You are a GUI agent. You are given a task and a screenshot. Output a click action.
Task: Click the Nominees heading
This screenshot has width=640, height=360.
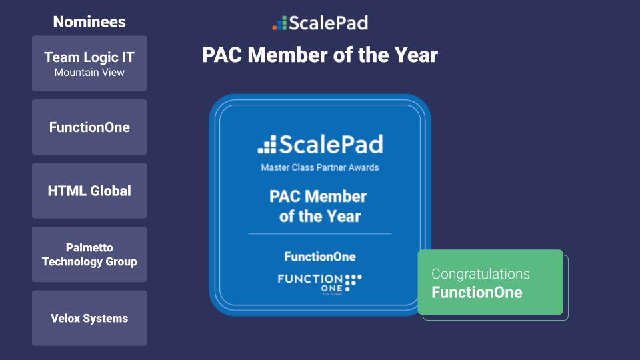click(x=89, y=22)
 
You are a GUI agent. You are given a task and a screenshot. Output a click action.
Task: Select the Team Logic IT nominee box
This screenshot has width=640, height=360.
click(x=89, y=63)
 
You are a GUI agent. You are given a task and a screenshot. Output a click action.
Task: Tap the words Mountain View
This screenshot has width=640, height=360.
click(x=89, y=72)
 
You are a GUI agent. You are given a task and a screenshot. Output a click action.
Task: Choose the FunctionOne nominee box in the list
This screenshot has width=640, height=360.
click(x=89, y=127)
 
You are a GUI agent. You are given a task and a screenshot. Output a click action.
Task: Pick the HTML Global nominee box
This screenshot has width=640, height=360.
click(x=89, y=191)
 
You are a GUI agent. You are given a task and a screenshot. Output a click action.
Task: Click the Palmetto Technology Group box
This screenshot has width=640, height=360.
click(x=89, y=255)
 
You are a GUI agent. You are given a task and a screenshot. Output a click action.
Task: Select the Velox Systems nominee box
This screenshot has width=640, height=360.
click(x=89, y=318)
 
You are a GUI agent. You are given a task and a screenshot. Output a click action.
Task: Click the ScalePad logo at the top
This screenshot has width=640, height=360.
click(x=320, y=23)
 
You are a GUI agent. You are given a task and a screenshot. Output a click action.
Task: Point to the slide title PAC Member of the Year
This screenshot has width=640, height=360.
click(x=320, y=55)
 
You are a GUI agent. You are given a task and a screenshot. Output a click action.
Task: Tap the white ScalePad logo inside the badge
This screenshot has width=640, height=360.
click(x=320, y=144)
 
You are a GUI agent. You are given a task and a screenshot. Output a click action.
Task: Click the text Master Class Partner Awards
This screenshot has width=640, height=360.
click(x=320, y=167)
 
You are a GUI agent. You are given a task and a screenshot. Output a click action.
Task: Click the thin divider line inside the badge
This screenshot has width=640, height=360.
click(x=320, y=234)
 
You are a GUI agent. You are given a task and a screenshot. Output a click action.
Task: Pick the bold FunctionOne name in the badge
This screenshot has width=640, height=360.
click(x=320, y=257)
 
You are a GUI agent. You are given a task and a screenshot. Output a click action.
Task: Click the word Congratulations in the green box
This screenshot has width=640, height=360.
click(x=481, y=274)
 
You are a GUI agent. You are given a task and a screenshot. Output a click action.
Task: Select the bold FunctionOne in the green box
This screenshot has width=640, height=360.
click(x=477, y=293)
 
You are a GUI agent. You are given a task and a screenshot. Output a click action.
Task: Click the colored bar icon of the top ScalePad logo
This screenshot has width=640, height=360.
click(x=279, y=24)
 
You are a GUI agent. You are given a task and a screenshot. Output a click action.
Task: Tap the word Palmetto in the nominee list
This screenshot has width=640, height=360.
click(x=89, y=247)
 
